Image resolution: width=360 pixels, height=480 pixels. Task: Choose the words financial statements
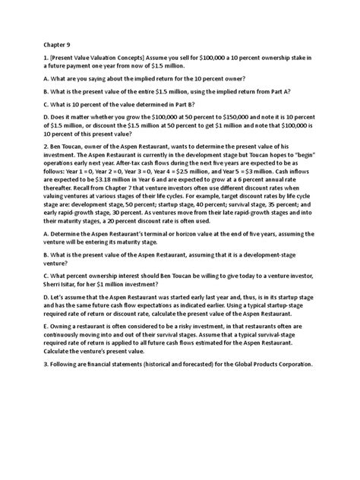click(117, 365)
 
